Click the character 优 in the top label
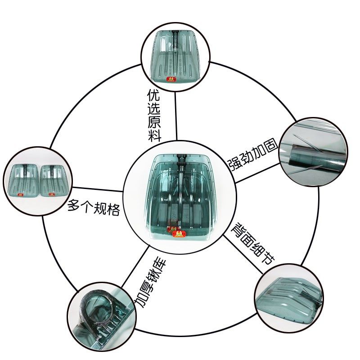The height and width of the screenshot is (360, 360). click(x=154, y=95)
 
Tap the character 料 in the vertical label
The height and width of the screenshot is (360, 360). click(x=154, y=135)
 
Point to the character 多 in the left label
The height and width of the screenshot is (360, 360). click(x=74, y=207)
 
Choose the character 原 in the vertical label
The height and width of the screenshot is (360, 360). click(x=154, y=121)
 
